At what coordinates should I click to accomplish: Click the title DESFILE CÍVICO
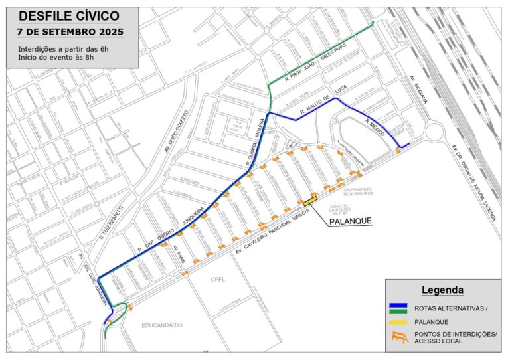coord(70,16)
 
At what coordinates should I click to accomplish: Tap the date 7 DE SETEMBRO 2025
coord(70,31)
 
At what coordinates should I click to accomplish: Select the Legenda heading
coord(442,290)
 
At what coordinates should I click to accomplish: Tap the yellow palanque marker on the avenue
coord(310,201)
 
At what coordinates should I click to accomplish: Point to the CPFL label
coord(218,279)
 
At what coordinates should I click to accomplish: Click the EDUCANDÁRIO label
coord(161,325)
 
